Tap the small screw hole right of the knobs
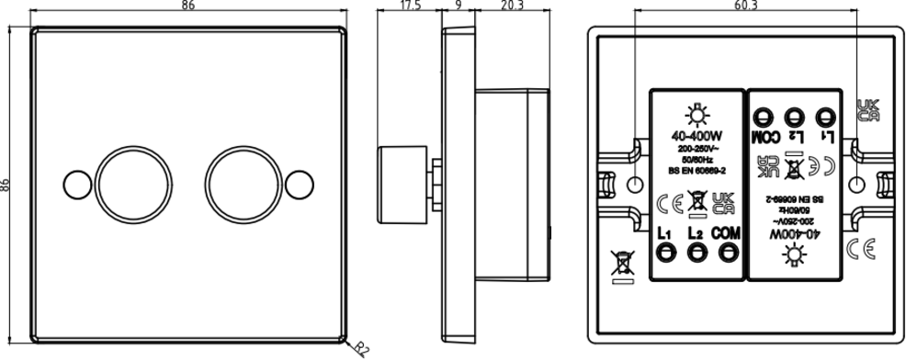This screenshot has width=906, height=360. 299,183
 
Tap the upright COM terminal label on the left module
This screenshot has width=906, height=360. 726,233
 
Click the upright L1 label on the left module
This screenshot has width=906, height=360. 665,233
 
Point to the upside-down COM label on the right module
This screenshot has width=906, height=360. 764,138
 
